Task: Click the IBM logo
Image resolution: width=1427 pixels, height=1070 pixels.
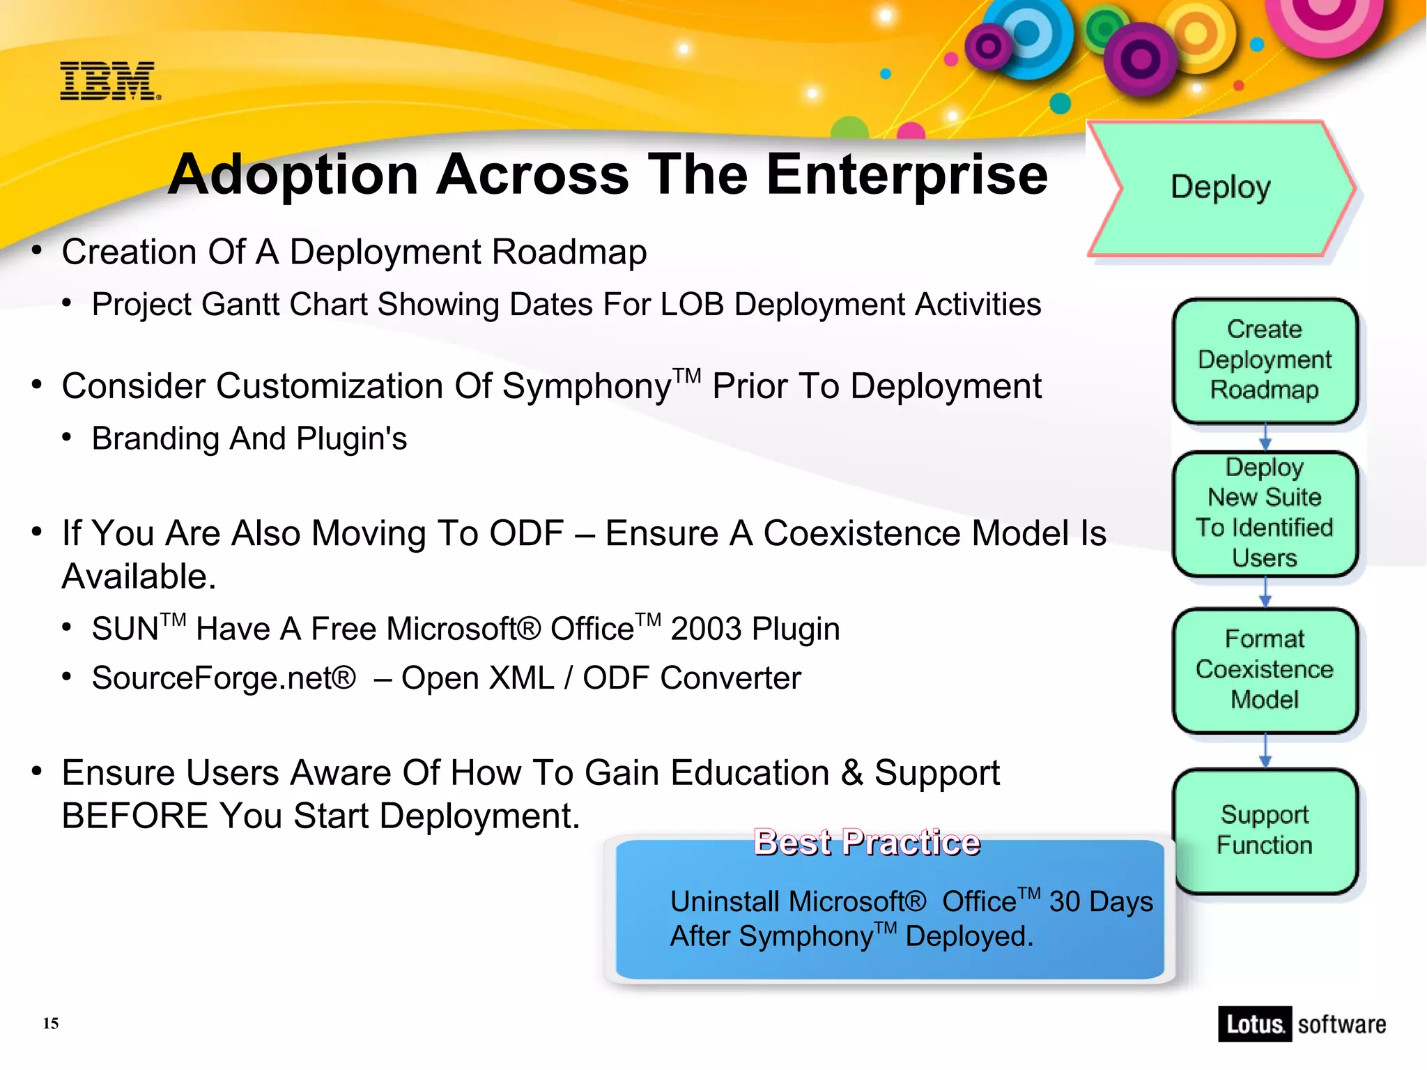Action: (x=109, y=81)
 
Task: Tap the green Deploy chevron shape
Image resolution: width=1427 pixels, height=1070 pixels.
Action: (x=1221, y=188)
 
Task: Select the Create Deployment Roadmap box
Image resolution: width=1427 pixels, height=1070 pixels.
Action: (x=1265, y=360)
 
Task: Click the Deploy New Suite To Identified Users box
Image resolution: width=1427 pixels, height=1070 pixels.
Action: (x=1265, y=513)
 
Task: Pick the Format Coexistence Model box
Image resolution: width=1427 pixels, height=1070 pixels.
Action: (x=1265, y=669)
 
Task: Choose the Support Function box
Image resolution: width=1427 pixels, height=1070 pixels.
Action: (x=1265, y=830)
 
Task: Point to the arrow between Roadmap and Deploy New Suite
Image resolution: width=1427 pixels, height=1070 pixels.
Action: (x=1265, y=438)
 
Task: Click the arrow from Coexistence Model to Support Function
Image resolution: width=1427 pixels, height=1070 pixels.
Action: (x=1265, y=751)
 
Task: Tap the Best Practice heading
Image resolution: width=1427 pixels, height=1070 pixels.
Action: (x=867, y=843)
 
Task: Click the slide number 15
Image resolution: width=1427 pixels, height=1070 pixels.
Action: (x=51, y=1023)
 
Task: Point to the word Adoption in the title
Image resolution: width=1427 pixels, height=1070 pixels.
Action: (x=293, y=175)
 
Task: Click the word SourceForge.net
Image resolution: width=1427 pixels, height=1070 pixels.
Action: (x=224, y=678)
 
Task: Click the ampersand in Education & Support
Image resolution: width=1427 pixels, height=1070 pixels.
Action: (x=851, y=773)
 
